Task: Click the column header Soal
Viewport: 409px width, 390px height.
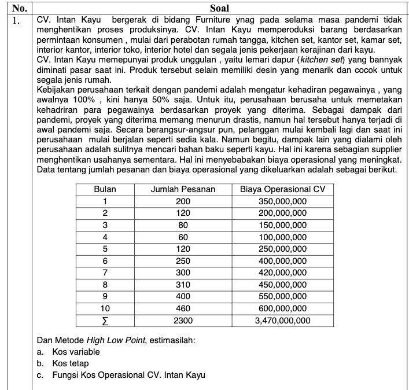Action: (x=219, y=8)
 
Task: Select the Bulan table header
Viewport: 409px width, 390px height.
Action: (x=105, y=189)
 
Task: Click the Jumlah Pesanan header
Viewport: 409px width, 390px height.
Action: (x=183, y=189)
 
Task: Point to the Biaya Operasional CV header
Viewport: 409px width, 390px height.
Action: (x=283, y=189)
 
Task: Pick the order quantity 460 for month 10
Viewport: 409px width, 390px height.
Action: (x=183, y=308)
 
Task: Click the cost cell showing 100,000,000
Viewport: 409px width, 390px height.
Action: (x=283, y=237)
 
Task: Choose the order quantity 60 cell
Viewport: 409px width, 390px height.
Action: (x=183, y=237)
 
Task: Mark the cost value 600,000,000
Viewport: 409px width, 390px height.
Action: (x=283, y=308)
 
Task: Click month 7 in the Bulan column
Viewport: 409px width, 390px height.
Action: (x=105, y=273)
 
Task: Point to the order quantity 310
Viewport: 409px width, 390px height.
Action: (x=183, y=285)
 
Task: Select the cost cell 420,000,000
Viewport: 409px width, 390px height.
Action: (x=283, y=273)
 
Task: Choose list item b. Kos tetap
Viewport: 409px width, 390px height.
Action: (x=67, y=363)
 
